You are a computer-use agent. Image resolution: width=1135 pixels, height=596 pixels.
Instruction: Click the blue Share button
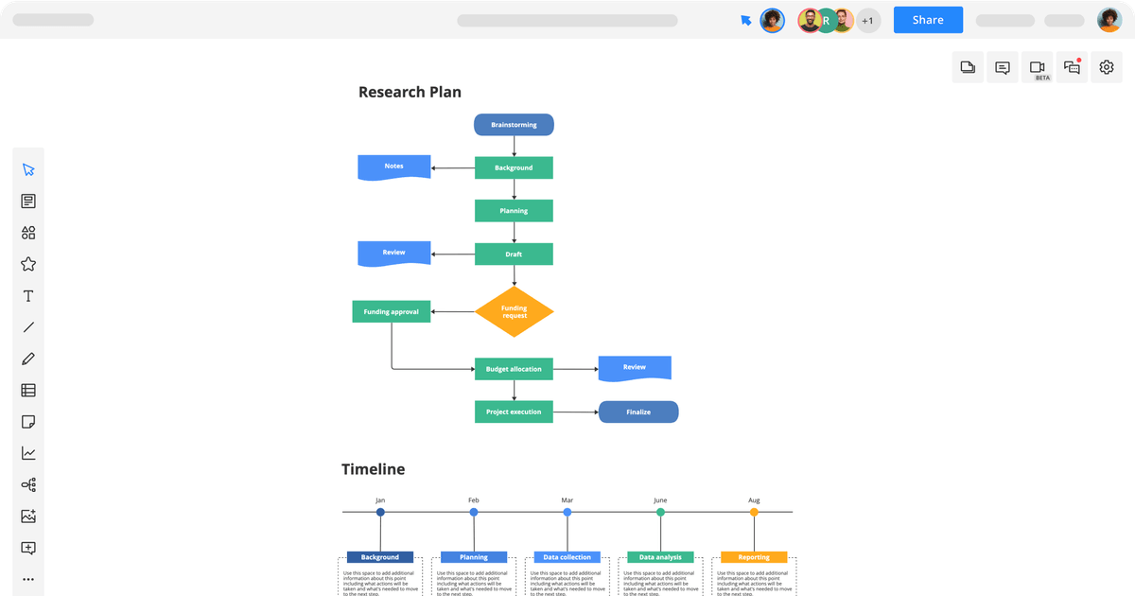tap(928, 20)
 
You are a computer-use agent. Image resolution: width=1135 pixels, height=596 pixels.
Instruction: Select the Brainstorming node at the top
tap(514, 125)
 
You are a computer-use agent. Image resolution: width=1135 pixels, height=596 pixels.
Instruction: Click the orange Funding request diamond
tap(514, 311)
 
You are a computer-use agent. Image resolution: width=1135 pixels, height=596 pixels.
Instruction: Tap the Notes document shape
tap(393, 167)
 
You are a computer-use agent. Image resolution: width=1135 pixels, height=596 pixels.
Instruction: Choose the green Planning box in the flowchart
tap(514, 211)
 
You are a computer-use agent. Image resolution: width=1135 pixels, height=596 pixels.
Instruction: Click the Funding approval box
tap(391, 311)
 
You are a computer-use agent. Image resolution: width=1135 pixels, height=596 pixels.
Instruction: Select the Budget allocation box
tap(514, 369)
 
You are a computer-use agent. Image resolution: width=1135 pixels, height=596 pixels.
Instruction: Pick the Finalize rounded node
tap(638, 412)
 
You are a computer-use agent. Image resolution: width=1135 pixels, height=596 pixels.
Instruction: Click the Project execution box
tap(514, 412)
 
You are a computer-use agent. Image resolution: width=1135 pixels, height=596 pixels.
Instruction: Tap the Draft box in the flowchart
tap(514, 254)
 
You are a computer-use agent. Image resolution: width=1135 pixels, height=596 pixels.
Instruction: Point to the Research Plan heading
tap(410, 92)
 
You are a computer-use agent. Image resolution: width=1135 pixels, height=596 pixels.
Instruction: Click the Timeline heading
tap(373, 469)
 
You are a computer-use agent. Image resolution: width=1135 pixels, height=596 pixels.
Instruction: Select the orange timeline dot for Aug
tap(754, 512)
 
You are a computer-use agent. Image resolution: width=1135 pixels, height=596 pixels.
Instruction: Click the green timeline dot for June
tap(660, 512)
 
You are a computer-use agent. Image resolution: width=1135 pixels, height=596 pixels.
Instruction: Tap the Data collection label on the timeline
tap(567, 557)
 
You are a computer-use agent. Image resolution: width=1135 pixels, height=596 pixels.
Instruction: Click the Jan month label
tap(380, 500)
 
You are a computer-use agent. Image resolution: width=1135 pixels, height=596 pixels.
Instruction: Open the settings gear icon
tap(1107, 67)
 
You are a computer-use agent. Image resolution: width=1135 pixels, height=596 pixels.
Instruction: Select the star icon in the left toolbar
tap(28, 264)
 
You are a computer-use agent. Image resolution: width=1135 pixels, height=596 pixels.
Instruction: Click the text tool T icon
tap(28, 296)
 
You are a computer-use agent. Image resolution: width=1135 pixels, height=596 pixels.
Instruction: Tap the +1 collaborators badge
tap(867, 20)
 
